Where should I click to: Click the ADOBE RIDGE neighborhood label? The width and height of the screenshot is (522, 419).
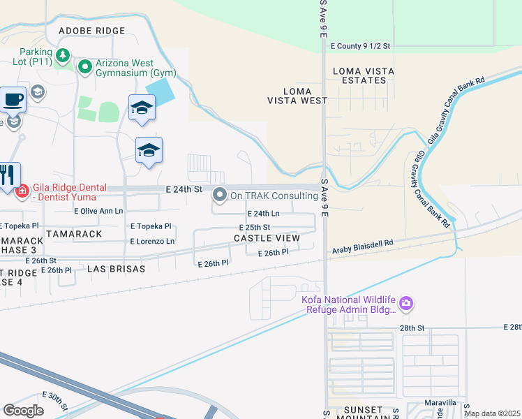[92, 31]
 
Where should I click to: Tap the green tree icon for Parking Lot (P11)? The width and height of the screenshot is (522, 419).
[63, 54]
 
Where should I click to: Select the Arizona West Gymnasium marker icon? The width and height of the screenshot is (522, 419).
[86, 67]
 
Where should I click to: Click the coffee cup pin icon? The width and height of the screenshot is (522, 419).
[13, 98]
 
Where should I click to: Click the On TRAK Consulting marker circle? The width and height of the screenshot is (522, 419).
[220, 196]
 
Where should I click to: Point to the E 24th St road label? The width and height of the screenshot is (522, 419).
[184, 189]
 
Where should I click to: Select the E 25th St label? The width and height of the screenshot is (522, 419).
[254, 228]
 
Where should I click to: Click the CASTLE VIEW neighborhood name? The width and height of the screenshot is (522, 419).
[267, 239]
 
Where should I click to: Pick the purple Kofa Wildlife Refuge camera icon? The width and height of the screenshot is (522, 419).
[405, 304]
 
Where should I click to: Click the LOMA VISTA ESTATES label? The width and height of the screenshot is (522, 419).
[359, 75]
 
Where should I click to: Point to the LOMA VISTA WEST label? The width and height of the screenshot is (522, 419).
[297, 96]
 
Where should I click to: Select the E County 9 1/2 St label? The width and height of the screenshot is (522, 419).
[360, 46]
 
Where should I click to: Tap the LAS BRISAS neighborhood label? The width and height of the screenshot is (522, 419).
[117, 268]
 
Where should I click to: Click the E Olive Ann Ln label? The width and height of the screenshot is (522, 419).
[98, 210]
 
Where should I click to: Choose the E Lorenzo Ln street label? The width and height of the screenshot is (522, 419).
[152, 241]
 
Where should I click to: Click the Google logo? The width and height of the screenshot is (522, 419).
[23, 410]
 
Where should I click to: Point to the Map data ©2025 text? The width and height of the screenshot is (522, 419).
[492, 413]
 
